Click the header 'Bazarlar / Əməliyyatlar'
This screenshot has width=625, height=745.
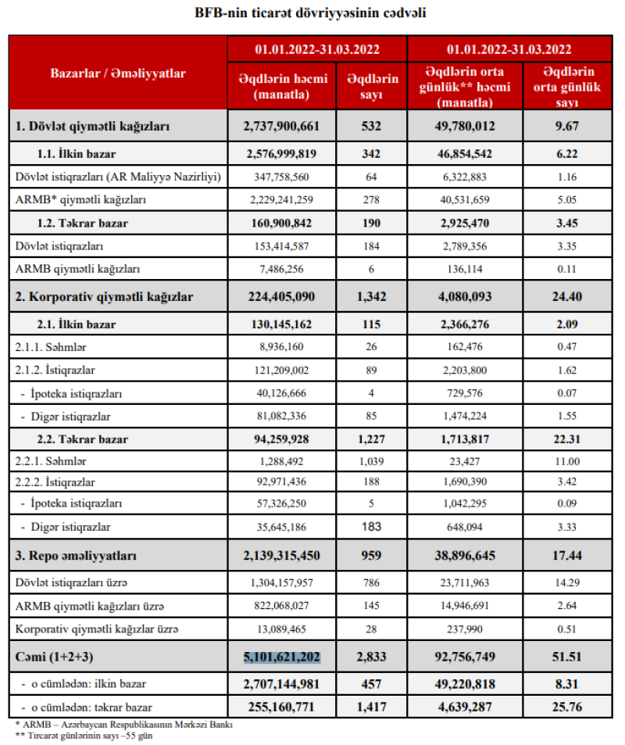click(118, 73)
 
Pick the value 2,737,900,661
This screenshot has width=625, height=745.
click(282, 125)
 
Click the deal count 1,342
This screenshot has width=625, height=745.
click(373, 296)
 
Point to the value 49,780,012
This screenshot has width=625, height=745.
click(465, 125)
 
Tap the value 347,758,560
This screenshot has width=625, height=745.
click(282, 177)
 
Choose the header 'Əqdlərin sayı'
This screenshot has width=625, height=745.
click(373, 85)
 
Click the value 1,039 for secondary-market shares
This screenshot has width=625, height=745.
click(373, 461)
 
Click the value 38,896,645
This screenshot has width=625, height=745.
click(465, 556)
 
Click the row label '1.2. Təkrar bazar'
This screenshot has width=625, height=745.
click(83, 223)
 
